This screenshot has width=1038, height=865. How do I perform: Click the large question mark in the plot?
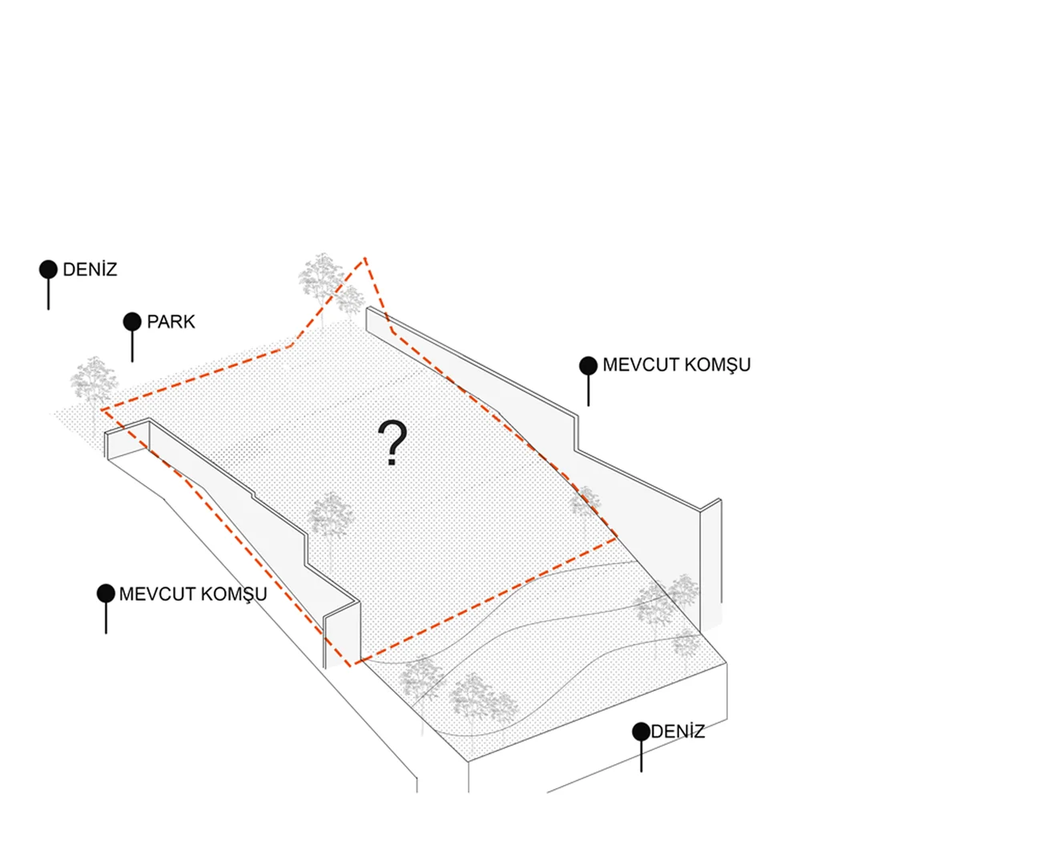tap(392, 443)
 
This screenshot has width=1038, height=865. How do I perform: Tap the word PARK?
tap(171, 322)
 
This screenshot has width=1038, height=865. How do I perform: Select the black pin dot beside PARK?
tap(132, 322)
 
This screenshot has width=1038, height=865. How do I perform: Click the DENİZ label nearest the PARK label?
tap(90, 269)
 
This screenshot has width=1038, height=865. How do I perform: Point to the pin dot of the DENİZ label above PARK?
tap(48, 269)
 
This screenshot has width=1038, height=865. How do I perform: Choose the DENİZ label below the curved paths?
tap(678, 731)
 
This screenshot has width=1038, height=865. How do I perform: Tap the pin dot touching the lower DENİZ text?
tap(642, 731)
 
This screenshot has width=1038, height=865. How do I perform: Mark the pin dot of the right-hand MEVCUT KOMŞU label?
tap(588, 365)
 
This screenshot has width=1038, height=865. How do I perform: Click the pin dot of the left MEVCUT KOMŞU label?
tap(106, 593)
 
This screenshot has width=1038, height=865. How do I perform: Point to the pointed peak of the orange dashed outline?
tap(365, 258)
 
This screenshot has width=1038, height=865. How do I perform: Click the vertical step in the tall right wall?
tap(577, 433)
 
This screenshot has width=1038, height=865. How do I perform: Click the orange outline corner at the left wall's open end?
tap(351, 665)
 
